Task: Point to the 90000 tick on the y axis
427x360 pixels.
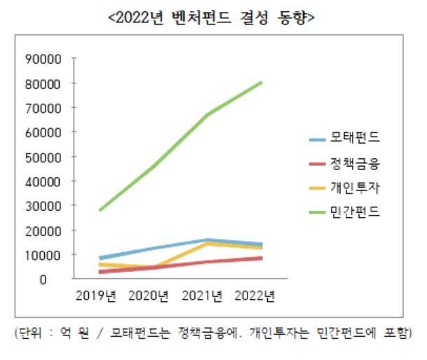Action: [50, 59]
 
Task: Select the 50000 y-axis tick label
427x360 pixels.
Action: [50, 157]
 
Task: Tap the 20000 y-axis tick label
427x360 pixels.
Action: [50, 230]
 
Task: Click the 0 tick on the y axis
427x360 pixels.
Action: [62, 279]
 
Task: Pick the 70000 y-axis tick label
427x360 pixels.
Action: [50, 108]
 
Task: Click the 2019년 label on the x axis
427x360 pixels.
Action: [96, 296]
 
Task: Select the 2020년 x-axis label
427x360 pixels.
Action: [149, 296]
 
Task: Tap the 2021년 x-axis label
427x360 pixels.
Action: [203, 296]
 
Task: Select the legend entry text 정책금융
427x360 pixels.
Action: [355, 163]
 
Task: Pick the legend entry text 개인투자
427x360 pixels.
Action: [355, 187]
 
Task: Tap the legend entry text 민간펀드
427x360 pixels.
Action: [355, 212]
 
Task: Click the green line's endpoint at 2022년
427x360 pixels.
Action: [262, 83]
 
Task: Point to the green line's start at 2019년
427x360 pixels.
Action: [100, 210]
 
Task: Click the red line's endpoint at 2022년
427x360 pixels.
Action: [262, 258]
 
